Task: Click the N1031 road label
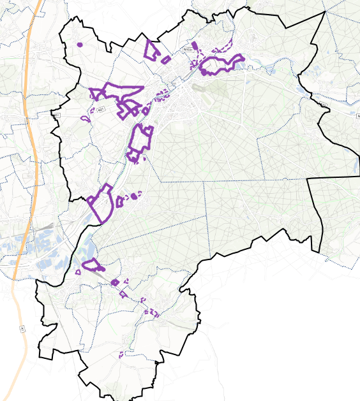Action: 188,49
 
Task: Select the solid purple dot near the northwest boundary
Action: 80,45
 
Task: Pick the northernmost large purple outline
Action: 152,50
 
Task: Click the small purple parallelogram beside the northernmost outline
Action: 166,60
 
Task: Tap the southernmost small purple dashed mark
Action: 121,354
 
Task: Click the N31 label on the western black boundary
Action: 56,115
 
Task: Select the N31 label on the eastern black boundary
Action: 324,105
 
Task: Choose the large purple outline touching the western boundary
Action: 101,203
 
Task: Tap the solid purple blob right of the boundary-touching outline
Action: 134,196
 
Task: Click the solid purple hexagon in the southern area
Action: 115,282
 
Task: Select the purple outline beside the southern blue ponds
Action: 92,265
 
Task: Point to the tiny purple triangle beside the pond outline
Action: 78,272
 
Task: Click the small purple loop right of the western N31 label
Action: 84,119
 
